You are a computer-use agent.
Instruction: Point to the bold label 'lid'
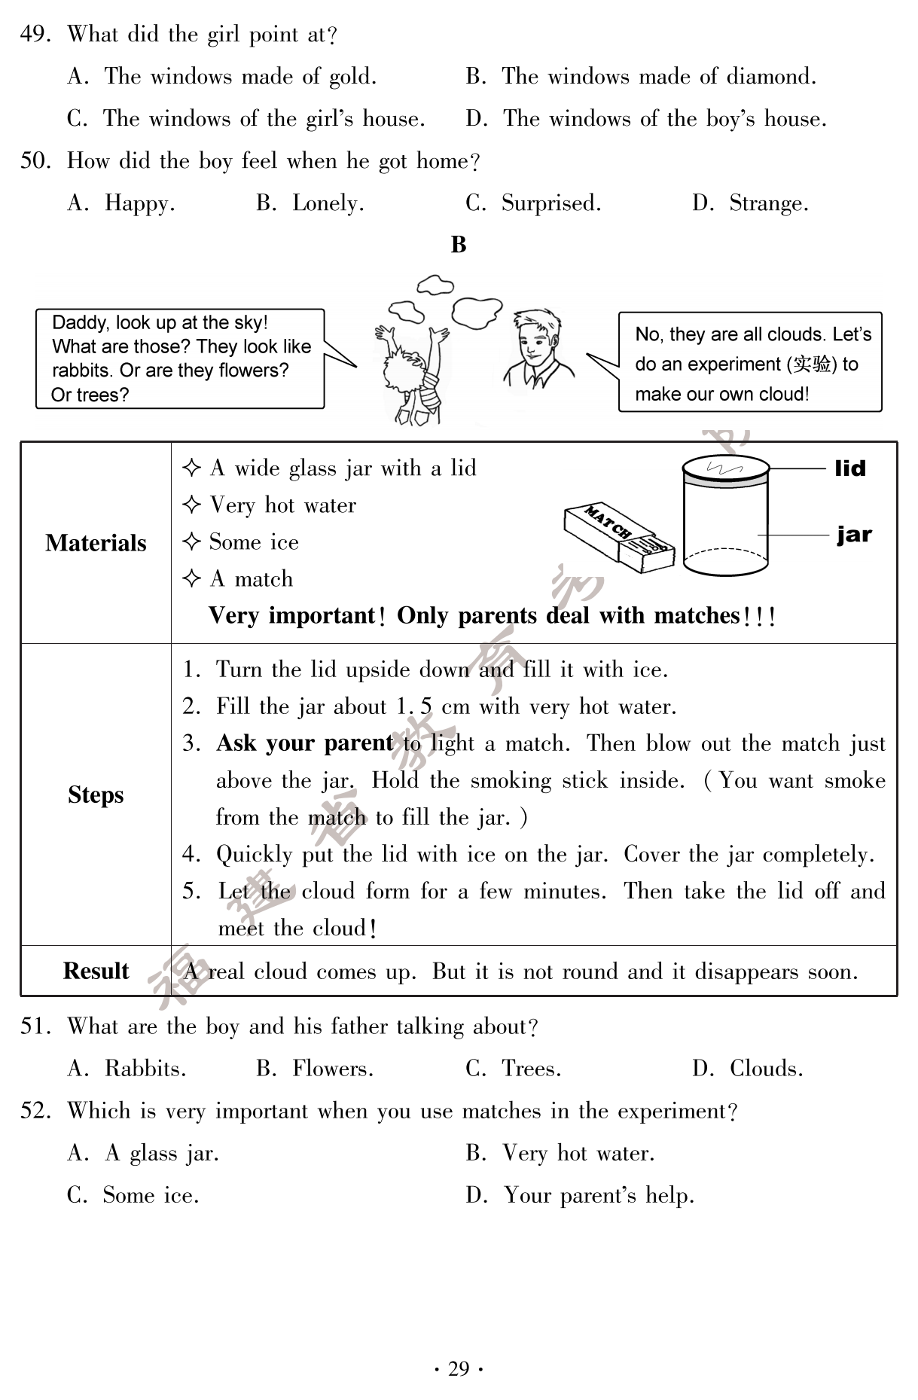pyautogui.click(x=850, y=468)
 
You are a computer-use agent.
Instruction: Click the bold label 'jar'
pyautogui.click(x=854, y=535)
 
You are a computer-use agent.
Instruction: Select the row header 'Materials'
pyautogui.click(x=96, y=543)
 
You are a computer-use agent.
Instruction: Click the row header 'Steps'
pyautogui.click(x=96, y=795)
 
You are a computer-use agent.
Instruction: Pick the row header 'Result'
pyautogui.click(x=96, y=971)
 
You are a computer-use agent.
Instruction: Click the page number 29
pyautogui.click(x=459, y=1368)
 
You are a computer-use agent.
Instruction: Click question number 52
pyautogui.click(x=34, y=1111)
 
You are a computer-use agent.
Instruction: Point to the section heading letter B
pyautogui.click(x=459, y=245)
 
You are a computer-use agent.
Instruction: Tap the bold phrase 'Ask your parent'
pyautogui.click(x=304, y=743)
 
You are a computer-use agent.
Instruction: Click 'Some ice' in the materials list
pyautogui.click(x=254, y=542)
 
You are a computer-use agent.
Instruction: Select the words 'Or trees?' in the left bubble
pyautogui.click(x=90, y=395)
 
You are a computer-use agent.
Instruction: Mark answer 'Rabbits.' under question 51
pyautogui.click(x=145, y=1069)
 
